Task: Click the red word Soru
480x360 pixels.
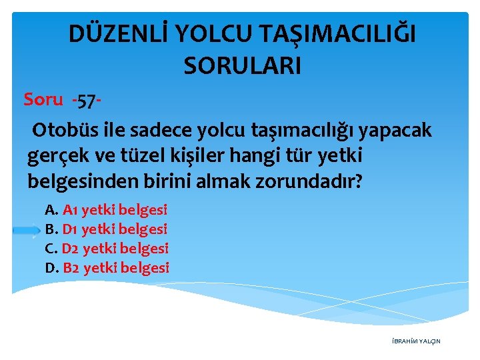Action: (43, 99)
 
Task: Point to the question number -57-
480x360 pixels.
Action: (87, 101)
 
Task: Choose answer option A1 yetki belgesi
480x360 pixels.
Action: (115, 210)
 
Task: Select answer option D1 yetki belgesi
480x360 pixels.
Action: (115, 229)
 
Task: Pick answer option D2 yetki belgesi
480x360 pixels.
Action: (115, 249)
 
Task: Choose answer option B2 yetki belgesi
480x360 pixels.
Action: (116, 268)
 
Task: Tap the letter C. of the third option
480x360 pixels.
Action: (51, 249)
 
